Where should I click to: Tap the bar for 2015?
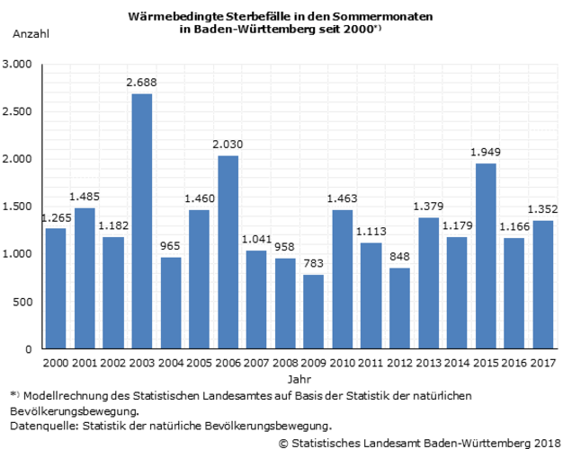pyautogui.click(x=486, y=256)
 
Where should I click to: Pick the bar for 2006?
pyautogui.click(x=228, y=252)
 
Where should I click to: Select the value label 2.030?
pyautogui.click(x=228, y=145)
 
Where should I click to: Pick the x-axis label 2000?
pyautogui.click(x=56, y=363)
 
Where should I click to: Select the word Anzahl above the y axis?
pyautogui.click(x=31, y=34)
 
